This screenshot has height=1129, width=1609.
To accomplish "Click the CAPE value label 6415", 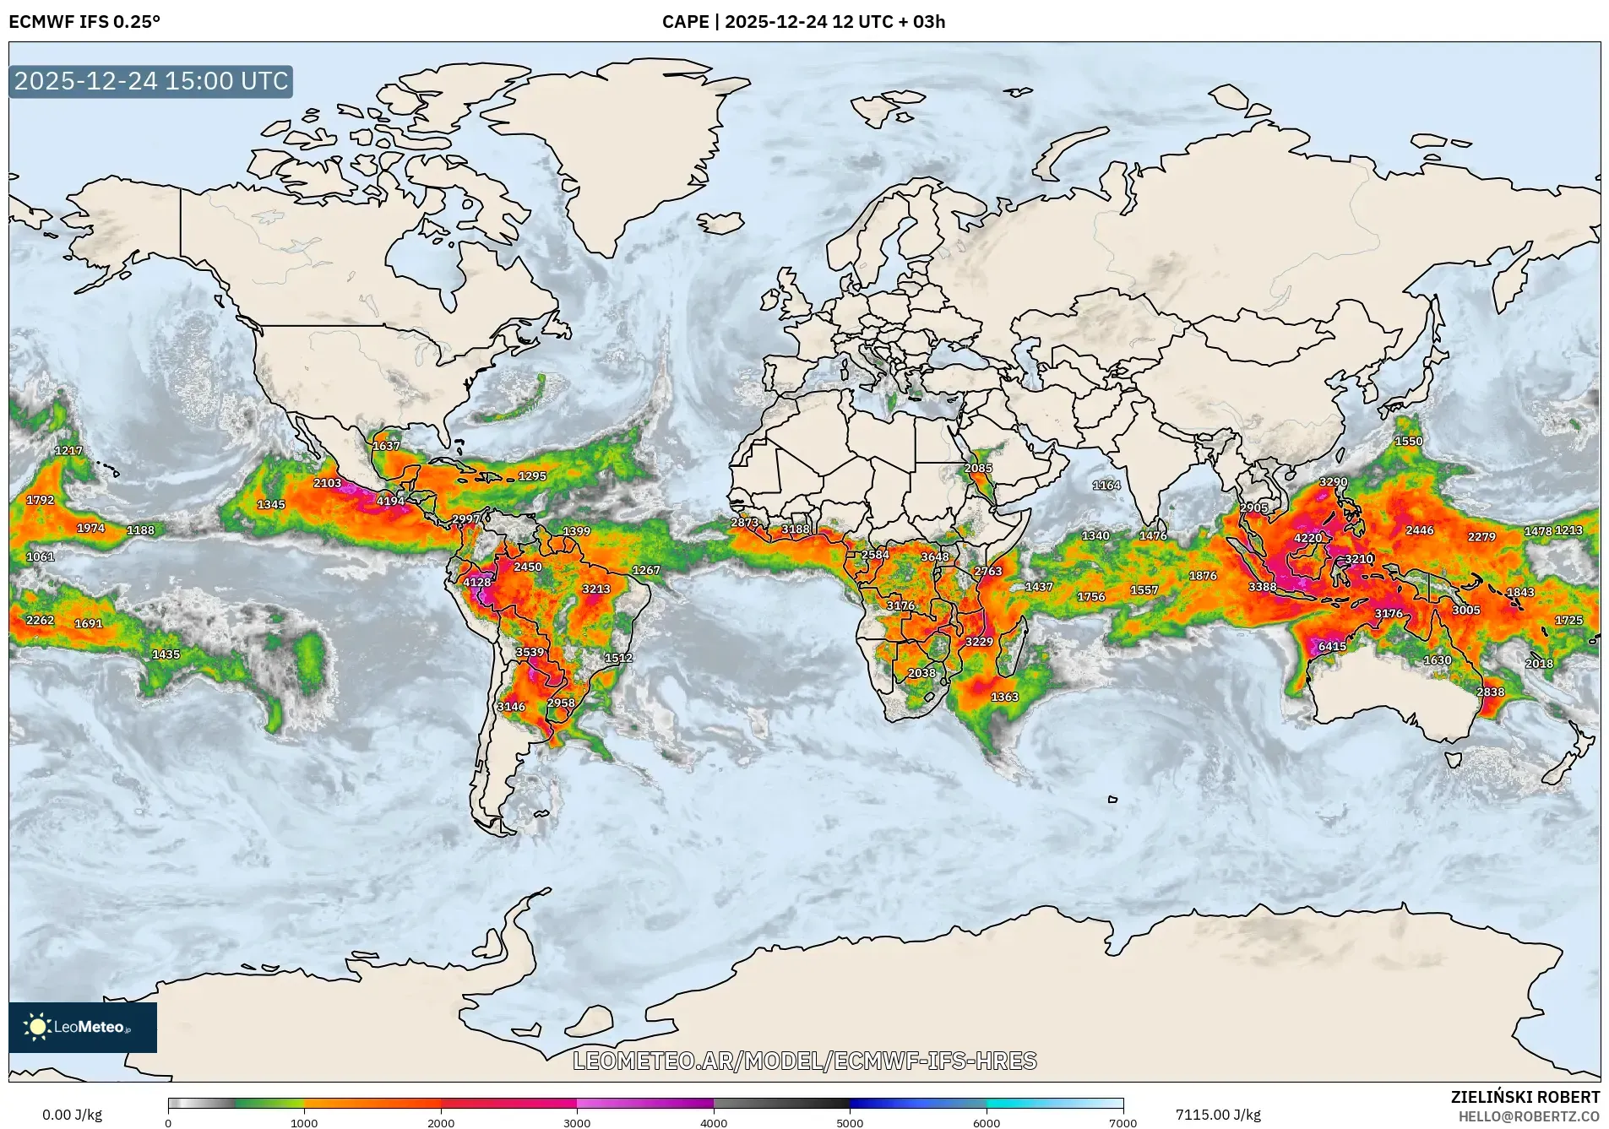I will pos(1332,646).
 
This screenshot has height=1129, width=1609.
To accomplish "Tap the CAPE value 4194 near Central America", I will pos(390,501).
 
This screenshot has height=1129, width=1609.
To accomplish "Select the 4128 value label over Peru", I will pos(476,582).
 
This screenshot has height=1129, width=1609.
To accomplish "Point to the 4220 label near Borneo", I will pos(1307,538).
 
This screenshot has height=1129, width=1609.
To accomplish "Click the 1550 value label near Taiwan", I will pos(1408,441).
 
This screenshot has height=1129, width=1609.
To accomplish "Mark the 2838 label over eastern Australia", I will pos(1490,692).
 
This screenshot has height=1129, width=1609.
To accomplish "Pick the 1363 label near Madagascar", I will pos(1004,697).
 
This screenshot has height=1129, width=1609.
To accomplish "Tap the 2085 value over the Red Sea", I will pos(978,468).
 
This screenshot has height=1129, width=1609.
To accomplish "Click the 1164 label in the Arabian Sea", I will pos(1106,485).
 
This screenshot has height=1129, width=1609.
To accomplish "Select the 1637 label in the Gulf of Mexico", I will pos(386,446).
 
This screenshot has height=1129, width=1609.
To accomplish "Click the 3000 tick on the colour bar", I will pos(577,1122).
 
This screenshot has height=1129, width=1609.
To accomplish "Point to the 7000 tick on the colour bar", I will pos(1122,1122).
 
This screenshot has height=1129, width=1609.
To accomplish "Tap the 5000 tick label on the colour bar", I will pos(850,1122).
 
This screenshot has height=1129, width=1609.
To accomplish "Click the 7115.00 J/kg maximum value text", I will pos(1217,1115).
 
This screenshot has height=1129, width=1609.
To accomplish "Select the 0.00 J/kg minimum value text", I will pos(72,1115).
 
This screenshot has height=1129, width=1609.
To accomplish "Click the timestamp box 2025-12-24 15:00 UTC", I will pos(151,81).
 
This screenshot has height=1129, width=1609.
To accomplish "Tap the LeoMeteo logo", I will pos(82,1027).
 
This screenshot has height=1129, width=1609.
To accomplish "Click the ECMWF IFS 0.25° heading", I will pos(84,22).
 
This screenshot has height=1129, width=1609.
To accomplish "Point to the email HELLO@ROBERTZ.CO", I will pos(1529,1116).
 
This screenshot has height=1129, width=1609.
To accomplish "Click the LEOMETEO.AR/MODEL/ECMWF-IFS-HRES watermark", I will pos(804,1061).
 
